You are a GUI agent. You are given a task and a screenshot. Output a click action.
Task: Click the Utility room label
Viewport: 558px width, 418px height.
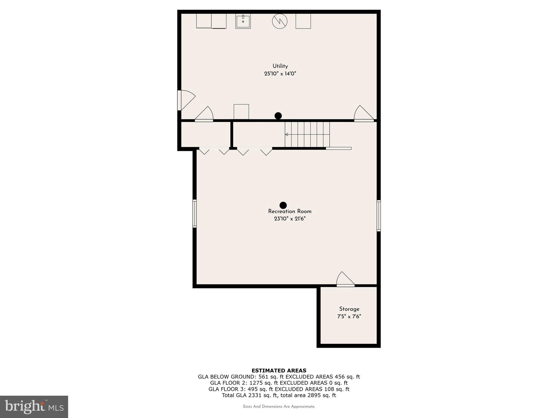tap(280, 66)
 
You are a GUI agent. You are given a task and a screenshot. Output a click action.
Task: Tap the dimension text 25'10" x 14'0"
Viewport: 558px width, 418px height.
tap(280, 73)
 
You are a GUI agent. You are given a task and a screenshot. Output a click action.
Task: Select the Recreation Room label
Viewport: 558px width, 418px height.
tap(290, 211)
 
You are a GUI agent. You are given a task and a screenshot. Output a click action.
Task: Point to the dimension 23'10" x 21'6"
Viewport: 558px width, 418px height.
tap(290, 219)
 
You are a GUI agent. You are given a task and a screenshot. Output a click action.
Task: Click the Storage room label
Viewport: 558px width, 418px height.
tap(349, 309)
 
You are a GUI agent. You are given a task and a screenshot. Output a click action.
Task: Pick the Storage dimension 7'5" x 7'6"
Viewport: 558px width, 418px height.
tap(349, 316)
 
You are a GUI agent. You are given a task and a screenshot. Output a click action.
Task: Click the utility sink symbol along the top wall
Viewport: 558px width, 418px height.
tap(243, 21)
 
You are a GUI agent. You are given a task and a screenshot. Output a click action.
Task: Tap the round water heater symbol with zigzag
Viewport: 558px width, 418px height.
tap(280, 21)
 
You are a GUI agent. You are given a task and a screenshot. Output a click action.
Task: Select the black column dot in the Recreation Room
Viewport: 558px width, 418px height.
tap(283, 205)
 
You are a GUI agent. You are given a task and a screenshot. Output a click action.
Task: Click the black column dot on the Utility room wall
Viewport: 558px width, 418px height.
tap(278, 116)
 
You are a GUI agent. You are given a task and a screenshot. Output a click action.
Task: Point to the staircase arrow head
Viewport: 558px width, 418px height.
tap(286, 134)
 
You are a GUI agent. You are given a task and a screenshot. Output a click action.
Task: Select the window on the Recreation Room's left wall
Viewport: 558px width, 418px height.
tap(195, 214)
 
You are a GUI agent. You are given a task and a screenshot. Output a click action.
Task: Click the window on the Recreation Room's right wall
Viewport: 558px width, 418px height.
tap(378, 216)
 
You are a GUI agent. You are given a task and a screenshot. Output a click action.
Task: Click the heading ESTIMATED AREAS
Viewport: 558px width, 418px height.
tap(279, 370)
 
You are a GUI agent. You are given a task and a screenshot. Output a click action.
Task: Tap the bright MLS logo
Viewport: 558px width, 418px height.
tap(34, 407)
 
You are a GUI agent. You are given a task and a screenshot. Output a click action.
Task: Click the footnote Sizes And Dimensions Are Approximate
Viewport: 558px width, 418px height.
tap(279, 407)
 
